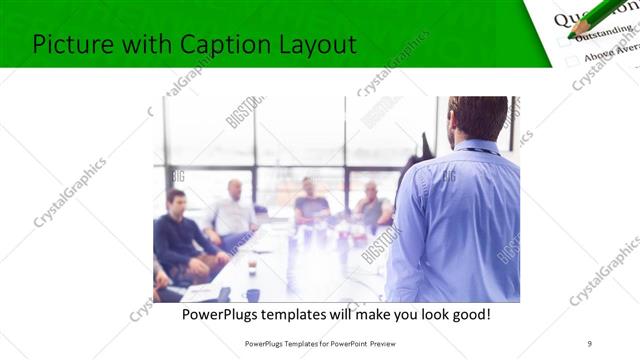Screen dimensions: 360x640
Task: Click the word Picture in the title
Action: [70, 44]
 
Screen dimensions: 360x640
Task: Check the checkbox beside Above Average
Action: [572, 61]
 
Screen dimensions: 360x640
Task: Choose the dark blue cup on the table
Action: [253, 294]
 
